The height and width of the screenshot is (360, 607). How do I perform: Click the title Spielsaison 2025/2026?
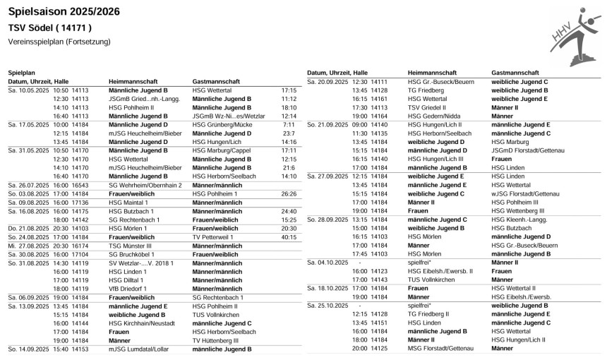tap(64, 11)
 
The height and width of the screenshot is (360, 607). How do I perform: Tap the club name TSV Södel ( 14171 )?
tap(49, 28)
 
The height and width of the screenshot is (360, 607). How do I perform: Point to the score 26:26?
tap(288, 193)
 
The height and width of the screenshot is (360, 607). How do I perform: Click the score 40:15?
tap(288, 237)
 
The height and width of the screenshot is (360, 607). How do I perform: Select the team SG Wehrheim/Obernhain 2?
tap(145, 184)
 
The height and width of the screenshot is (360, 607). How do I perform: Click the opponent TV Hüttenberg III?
tap(216, 340)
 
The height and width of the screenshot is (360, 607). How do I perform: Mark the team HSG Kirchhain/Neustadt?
tap(142, 323)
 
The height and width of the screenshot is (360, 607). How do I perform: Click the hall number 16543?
tap(80, 184)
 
